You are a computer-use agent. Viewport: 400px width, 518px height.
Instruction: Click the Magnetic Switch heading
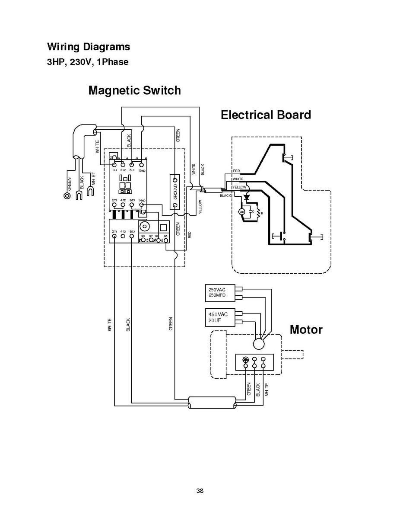(134, 90)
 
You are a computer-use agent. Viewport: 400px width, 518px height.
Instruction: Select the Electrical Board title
(266, 115)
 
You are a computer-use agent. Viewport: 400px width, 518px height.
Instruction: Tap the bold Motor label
(306, 329)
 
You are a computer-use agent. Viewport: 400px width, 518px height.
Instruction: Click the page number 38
(200, 490)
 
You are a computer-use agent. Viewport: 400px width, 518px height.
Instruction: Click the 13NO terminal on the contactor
(141, 165)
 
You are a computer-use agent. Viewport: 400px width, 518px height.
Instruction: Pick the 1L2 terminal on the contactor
(114, 165)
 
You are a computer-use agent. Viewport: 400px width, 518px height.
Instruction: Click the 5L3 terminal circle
(132, 165)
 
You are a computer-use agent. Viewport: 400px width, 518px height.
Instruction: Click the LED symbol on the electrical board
(242, 211)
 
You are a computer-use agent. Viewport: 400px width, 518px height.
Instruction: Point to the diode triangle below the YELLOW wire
(247, 196)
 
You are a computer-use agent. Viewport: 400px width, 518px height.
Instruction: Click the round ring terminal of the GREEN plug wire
(67, 195)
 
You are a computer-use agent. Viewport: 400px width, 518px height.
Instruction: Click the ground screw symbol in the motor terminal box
(245, 359)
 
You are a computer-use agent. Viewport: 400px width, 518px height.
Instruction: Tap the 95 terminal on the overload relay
(166, 240)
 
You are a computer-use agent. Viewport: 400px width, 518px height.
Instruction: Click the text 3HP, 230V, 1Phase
(88, 62)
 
